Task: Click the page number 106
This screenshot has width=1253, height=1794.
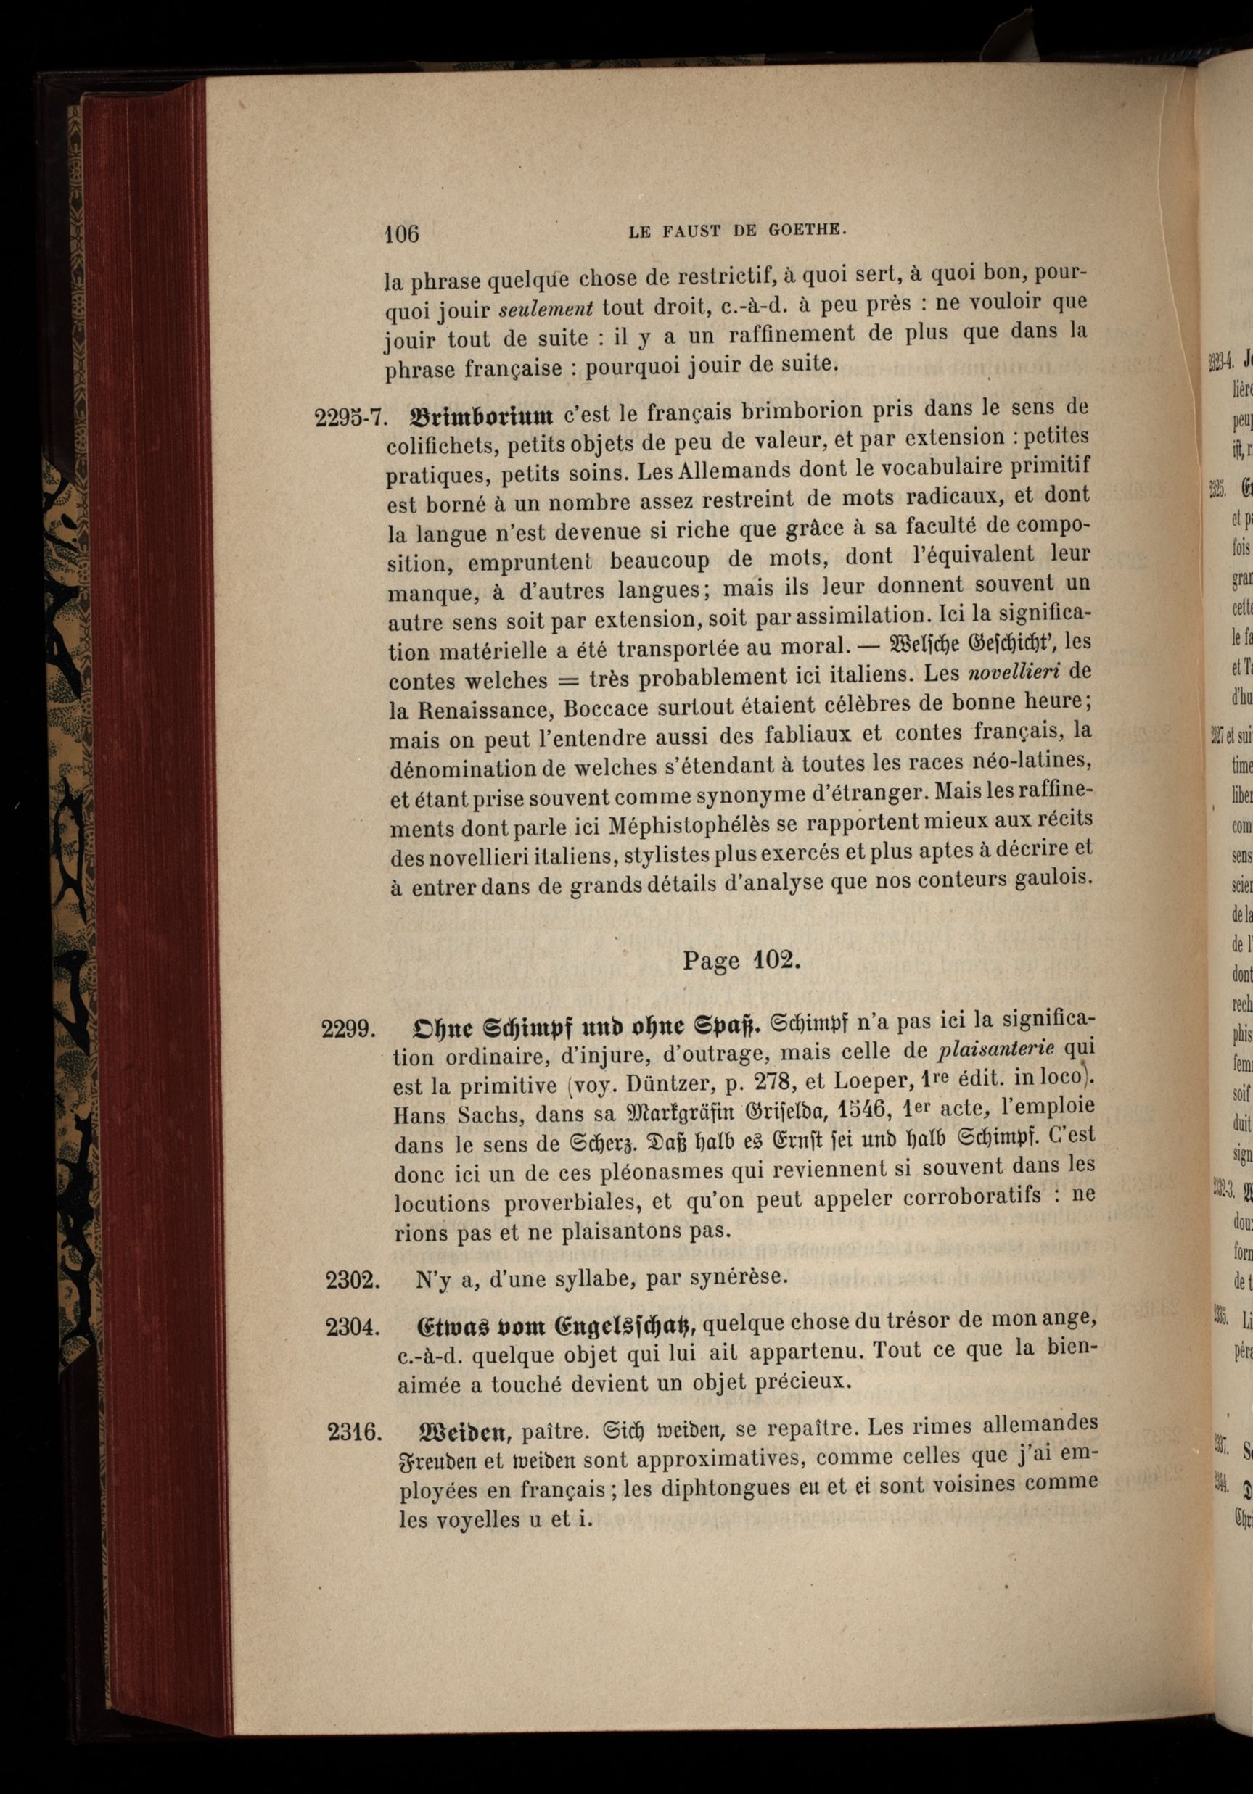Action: [x=402, y=233]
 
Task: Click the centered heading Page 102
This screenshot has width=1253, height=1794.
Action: [x=741, y=960]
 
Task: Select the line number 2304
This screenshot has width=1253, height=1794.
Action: [x=353, y=1327]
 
